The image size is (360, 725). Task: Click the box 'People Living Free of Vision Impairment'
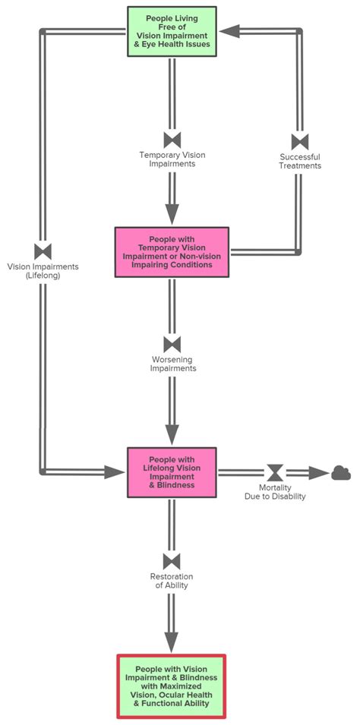point(172,32)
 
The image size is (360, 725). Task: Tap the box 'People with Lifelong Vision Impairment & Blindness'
point(172,472)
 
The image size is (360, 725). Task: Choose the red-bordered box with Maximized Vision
point(172,686)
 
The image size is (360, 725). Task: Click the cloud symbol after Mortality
point(341,473)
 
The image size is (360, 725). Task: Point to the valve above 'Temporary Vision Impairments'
point(172,140)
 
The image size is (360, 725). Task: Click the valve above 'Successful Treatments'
point(300,142)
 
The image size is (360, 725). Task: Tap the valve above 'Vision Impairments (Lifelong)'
point(43,251)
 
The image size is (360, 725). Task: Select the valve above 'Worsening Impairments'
point(172,344)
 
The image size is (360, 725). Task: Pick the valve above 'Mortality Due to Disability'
point(275,473)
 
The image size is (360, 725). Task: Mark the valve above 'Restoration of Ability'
point(172,561)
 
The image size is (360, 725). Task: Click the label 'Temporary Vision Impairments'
point(172,159)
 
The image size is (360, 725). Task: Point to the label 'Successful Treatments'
point(300,161)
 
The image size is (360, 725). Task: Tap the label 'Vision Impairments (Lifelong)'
point(43,271)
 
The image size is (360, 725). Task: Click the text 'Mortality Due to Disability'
point(275,492)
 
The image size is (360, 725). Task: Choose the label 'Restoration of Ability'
point(172,581)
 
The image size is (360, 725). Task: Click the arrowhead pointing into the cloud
point(320,473)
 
